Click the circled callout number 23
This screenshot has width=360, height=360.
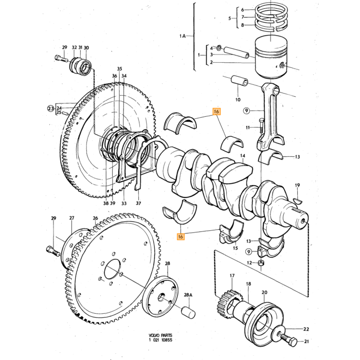[51, 108]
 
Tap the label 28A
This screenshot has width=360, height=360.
[188, 295]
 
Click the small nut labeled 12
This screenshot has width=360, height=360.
[261, 262]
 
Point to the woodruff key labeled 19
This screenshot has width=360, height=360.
[298, 202]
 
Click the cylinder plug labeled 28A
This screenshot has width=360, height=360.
[188, 313]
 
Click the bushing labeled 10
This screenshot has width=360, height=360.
[239, 81]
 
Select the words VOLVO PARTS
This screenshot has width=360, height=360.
[160, 335]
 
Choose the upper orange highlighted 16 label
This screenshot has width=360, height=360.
[217, 112]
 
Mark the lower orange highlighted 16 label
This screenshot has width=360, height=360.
[181, 236]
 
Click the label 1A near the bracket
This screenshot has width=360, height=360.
[183, 36]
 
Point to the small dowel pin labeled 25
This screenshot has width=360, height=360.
[65, 113]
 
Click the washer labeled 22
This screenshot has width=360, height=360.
[279, 331]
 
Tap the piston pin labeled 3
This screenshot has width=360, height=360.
[237, 52]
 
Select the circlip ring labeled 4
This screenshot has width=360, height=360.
[219, 47]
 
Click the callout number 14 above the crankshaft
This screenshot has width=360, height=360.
[243, 156]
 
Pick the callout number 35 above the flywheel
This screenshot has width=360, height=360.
[120, 68]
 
